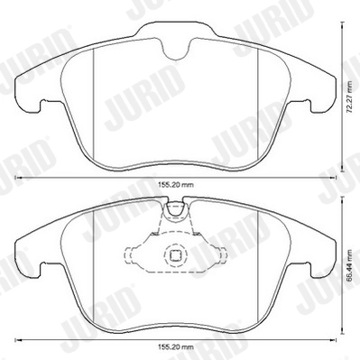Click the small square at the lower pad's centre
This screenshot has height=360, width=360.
pyautogui.click(x=179, y=255)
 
